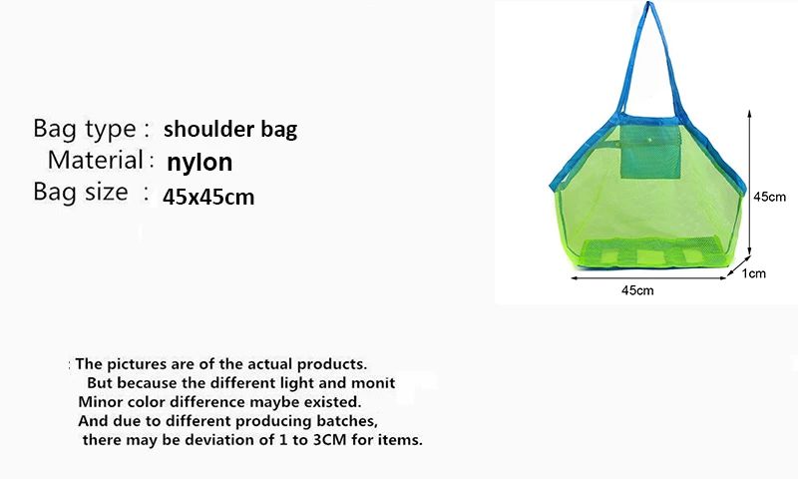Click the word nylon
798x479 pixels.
[199, 162]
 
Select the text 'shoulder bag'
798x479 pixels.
[229, 129]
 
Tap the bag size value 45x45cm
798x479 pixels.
[208, 197]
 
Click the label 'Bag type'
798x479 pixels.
[84, 129]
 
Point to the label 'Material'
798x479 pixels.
[95, 160]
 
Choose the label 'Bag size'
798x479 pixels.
[80, 192]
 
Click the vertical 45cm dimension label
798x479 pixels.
[769, 197]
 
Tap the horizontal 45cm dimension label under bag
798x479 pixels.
[637, 290]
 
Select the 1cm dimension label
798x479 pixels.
[754, 272]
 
